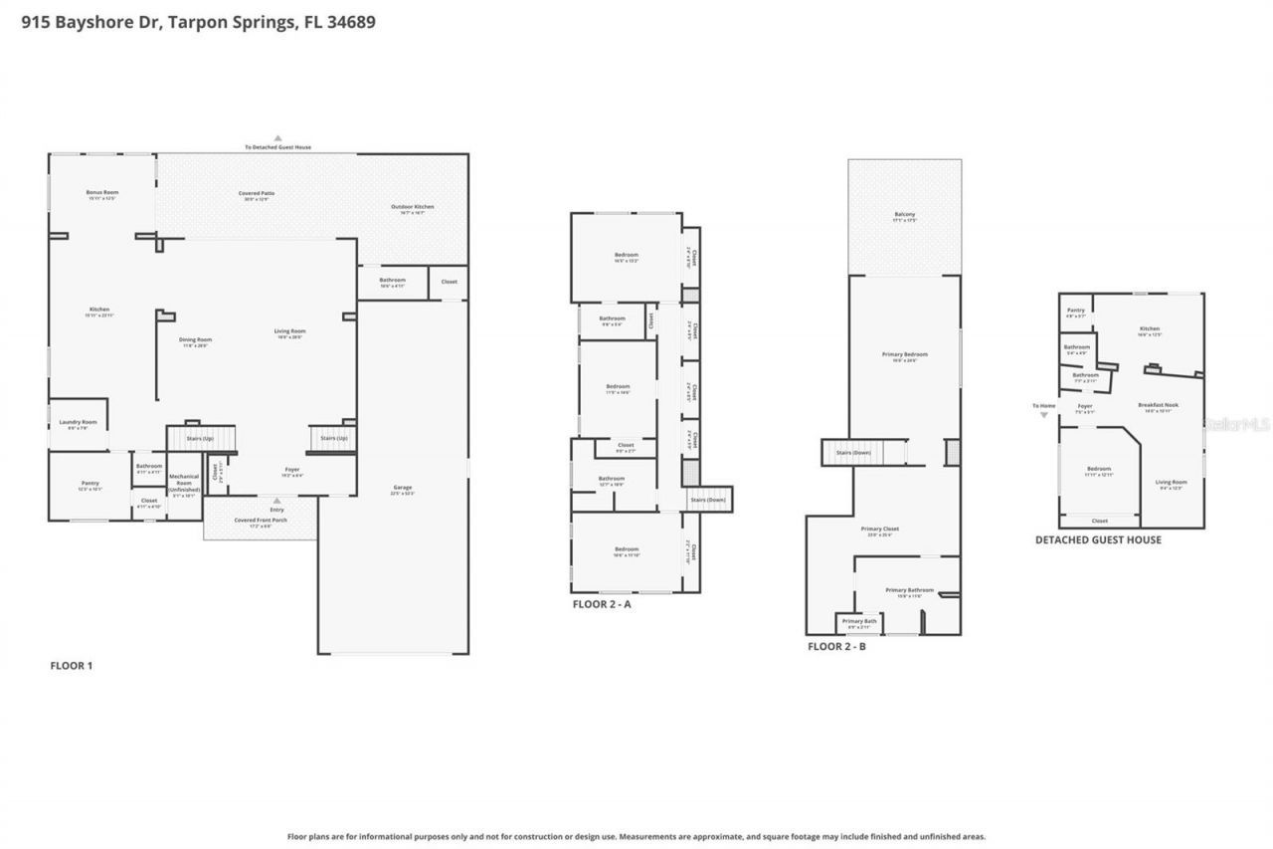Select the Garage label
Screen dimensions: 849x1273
pos(402,488)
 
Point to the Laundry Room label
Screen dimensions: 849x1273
pos(78,422)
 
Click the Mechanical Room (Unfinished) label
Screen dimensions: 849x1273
pos(184,483)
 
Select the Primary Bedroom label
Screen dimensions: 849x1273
pos(904,354)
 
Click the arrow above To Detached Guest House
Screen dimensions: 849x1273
pos(278,138)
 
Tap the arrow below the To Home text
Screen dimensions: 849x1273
pos(1043,415)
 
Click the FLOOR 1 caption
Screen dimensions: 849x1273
pos(72,666)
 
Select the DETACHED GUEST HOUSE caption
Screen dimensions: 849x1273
pos(1098,540)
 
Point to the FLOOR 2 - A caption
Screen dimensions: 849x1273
pos(601,604)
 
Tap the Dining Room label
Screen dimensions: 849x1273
pos(195,339)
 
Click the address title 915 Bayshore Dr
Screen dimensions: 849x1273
pos(199,21)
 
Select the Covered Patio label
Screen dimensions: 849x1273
pos(257,193)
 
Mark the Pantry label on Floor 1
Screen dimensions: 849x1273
pos(90,483)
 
